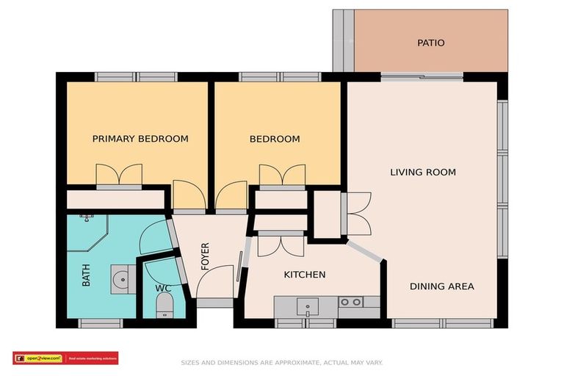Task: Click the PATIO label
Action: [x=431, y=43]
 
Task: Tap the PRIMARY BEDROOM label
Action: [x=140, y=139]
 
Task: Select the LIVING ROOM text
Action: [x=422, y=173]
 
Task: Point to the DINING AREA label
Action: [x=441, y=286]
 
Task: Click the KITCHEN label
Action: [x=305, y=275]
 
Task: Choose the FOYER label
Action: [x=206, y=257]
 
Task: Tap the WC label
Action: [x=163, y=288]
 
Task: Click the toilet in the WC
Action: [x=164, y=305]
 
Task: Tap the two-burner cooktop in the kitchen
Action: [x=350, y=302]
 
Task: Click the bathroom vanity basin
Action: [x=121, y=279]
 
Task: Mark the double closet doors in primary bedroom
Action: [x=119, y=176]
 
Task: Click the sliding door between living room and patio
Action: [x=422, y=76]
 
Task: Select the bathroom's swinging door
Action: [x=156, y=236]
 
